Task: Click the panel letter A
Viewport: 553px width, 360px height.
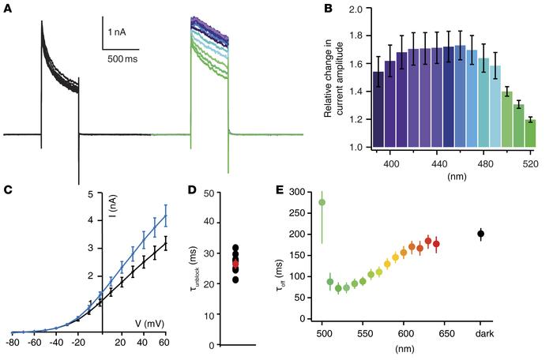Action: (7, 7)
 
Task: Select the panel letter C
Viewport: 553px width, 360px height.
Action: (7, 189)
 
